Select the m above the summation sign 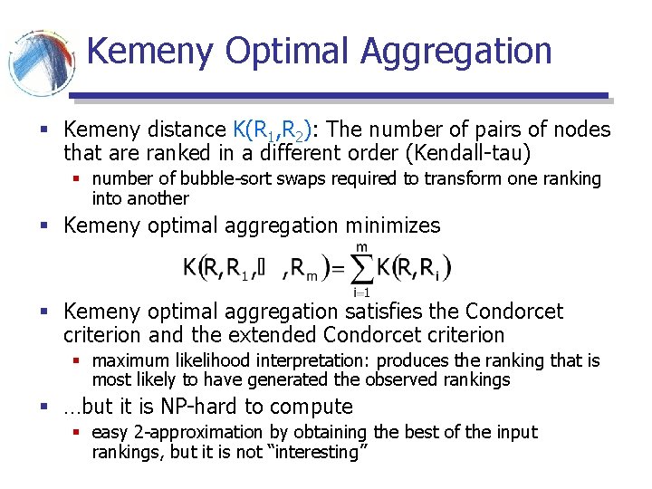click(361, 246)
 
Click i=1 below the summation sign click(360, 292)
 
